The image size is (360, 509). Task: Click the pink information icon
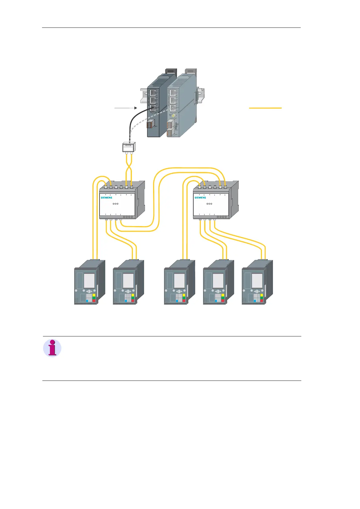click(x=52, y=348)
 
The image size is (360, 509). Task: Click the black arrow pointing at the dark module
click(x=126, y=107)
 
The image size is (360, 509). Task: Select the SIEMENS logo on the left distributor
click(x=106, y=198)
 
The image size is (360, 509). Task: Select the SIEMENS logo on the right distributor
click(x=200, y=198)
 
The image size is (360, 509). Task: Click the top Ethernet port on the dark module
click(x=153, y=92)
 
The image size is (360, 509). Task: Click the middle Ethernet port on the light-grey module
click(x=173, y=100)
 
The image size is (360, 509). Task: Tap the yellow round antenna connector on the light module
click(x=173, y=116)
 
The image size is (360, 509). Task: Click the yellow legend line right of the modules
click(x=265, y=108)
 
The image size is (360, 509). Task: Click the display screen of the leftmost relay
click(x=89, y=281)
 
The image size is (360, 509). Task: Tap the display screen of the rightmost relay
click(x=257, y=281)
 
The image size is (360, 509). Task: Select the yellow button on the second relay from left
click(x=133, y=295)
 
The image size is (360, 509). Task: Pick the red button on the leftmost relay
click(x=94, y=300)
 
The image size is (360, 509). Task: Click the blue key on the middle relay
click(x=177, y=301)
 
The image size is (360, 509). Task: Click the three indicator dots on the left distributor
click(x=115, y=204)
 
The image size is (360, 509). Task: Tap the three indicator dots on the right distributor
click(x=209, y=204)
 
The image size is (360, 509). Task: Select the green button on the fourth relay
click(x=223, y=298)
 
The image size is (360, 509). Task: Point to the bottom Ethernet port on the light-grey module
click(x=173, y=108)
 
